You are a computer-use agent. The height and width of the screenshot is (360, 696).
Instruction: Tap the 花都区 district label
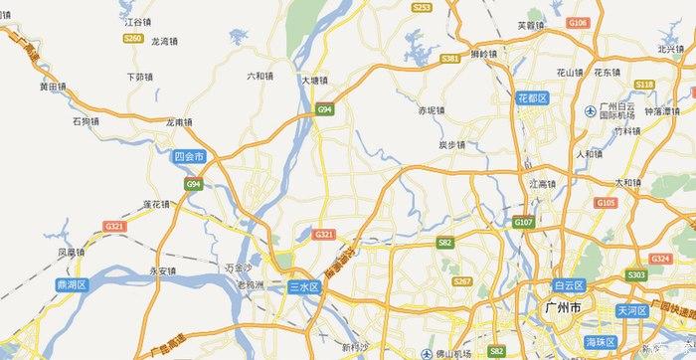pos(533,98)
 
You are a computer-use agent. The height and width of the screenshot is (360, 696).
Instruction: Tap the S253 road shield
pos(422,7)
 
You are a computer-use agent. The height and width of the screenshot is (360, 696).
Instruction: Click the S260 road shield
pos(132,38)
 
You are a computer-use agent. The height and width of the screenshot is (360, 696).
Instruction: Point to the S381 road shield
pos(449,59)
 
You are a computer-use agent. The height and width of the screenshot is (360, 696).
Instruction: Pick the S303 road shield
pos(636,274)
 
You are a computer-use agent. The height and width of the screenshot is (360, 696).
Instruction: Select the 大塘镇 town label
pos(314,82)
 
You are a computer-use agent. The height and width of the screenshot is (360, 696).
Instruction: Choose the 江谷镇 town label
pos(138,20)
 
